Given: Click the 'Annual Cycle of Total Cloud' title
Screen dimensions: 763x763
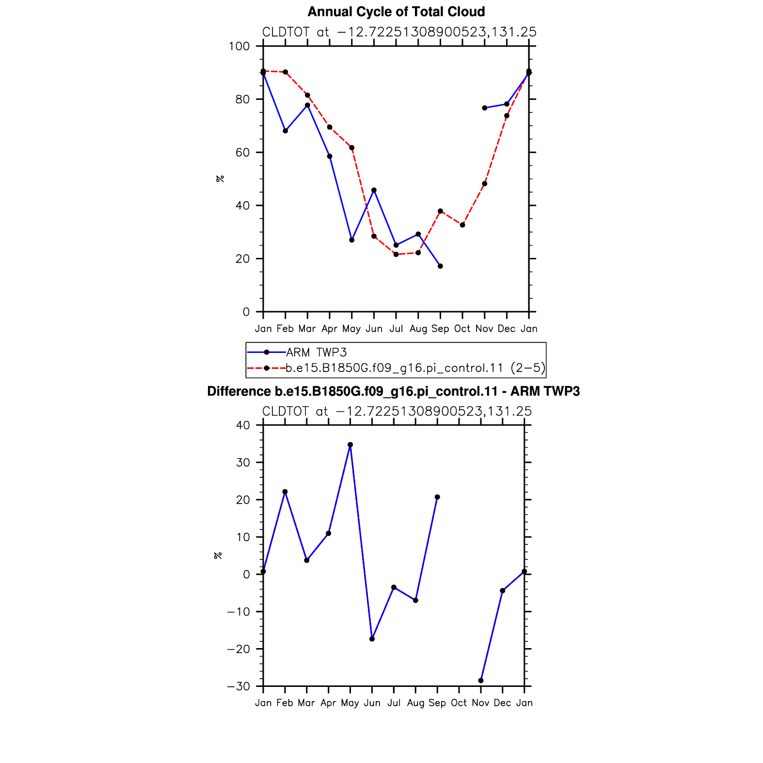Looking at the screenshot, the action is coord(396,12).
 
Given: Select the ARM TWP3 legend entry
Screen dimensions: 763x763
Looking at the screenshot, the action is coord(297,352).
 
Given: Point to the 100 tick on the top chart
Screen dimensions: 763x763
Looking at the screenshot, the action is coord(239,47).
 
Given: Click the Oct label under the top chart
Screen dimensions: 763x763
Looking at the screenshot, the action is coord(462,329).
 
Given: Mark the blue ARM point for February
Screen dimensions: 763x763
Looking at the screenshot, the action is coord(286,131).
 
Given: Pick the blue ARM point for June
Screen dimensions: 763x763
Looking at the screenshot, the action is coord(374,190).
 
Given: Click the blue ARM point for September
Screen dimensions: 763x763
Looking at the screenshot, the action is coord(440,266).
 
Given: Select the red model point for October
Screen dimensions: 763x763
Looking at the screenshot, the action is coord(462,225).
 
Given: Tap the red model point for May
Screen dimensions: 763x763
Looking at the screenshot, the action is coord(352,148).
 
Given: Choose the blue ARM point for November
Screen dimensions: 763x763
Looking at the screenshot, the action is coord(485,108).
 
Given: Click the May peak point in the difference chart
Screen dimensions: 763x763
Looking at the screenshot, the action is coord(350,445).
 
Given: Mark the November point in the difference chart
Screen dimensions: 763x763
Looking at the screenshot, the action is coord(481,681).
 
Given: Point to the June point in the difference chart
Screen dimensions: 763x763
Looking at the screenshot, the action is coord(372,639).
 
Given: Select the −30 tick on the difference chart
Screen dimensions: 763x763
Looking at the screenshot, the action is coord(238,686).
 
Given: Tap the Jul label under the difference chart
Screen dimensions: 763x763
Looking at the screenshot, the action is coord(394,703).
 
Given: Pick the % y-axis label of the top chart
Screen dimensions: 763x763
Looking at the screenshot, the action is coord(220,179).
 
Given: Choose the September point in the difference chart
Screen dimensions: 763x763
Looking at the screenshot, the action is coord(437,497).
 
